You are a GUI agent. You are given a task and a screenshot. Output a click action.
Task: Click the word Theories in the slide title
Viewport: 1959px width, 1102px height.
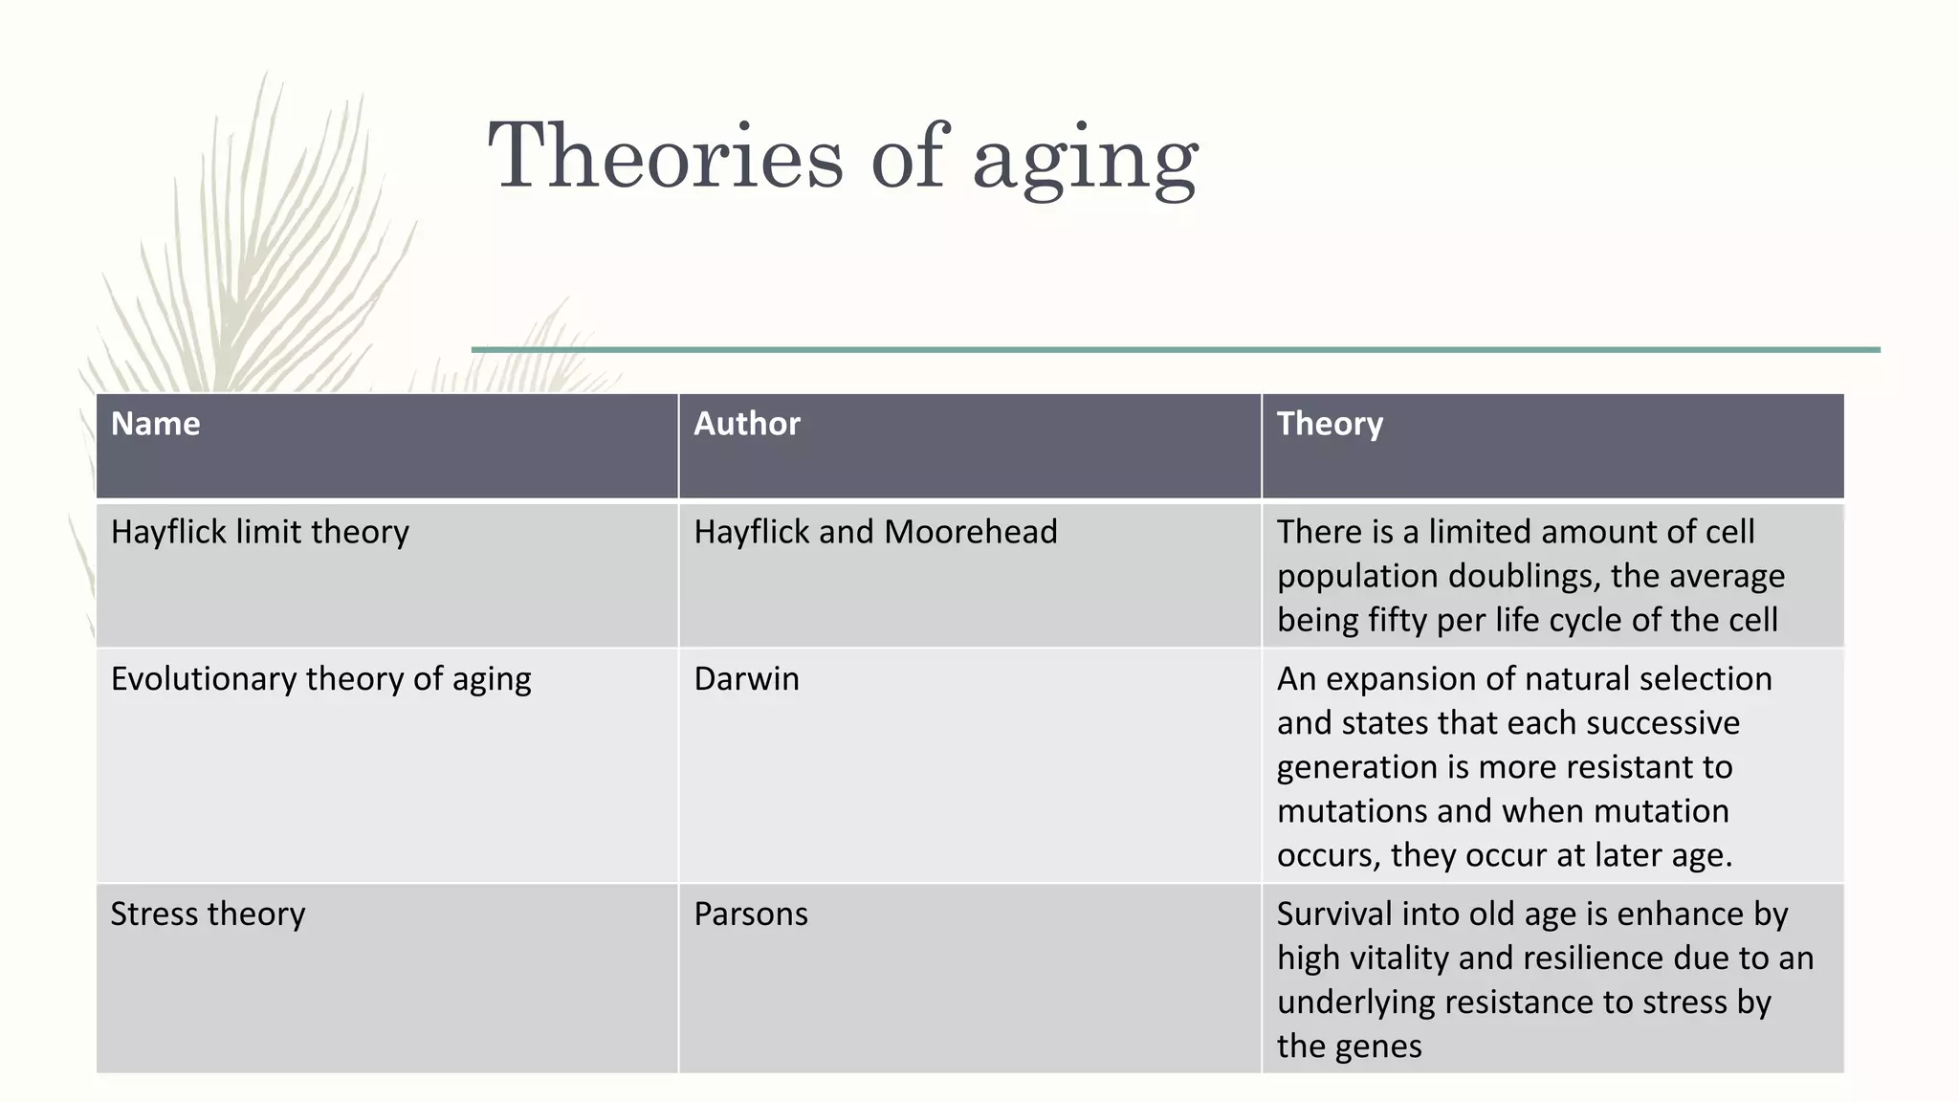(x=666, y=156)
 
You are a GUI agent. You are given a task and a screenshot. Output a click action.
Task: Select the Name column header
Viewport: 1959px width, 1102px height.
(x=155, y=424)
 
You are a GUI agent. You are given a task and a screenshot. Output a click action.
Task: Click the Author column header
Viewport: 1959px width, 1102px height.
(x=746, y=424)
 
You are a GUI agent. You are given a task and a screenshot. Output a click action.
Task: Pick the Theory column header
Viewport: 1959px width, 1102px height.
(x=1330, y=424)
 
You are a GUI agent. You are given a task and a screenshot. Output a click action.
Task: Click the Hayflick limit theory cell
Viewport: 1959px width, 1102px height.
(x=259, y=532)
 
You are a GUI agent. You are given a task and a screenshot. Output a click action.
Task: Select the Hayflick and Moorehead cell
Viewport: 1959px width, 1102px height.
(x=875, y=532)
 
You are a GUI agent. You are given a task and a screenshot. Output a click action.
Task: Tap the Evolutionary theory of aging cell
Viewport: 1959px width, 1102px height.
(x=320, y=679)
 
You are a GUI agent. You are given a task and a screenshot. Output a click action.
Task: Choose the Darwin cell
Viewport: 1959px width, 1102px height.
(x=746, y=679)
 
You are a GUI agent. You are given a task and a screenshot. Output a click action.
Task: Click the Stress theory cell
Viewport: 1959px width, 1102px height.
(x=208, y=915)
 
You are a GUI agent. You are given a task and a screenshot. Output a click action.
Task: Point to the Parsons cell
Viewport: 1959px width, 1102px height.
(x=751, y=915)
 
